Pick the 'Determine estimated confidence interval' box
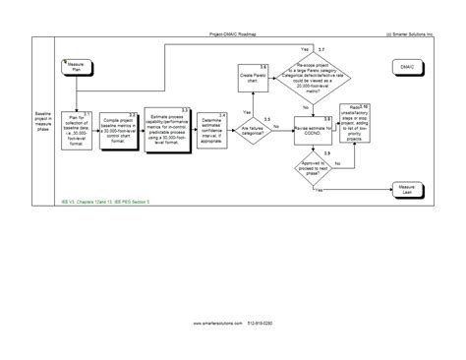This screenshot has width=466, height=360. pos(209,126)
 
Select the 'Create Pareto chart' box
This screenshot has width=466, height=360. pos(251,78)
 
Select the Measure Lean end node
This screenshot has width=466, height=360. pos(406,187)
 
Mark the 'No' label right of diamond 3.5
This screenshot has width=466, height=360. pos(276,127)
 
